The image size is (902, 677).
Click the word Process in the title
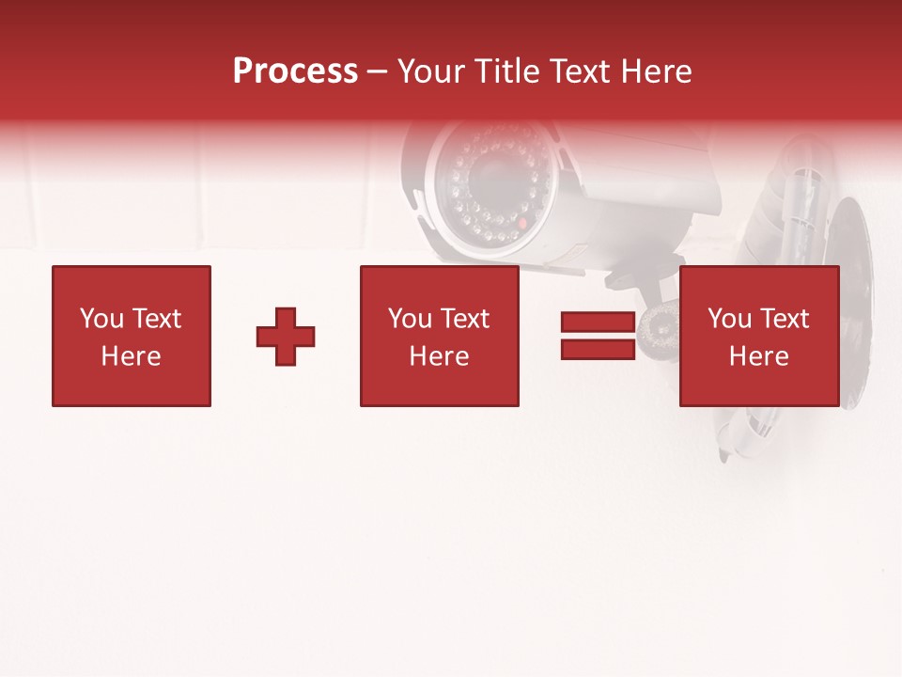click(x=295, y=71)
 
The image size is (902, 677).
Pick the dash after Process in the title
click(x=377, y=72)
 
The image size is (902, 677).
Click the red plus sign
click(x=286, y=337)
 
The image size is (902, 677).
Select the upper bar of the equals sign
click(x=598, y=322)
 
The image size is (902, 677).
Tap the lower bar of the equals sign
click(x=598, y=349)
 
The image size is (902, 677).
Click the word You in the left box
click(x=101, y=319)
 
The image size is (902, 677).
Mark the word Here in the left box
click(x=131, y=356)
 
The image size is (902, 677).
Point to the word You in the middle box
click(x=410, y=319)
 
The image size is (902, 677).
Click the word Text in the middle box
click(x=464, y=319)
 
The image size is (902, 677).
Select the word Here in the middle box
click(x=439, y=356)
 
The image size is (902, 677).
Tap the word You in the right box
click(x=729, y=319)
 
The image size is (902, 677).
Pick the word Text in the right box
click(x=784, y=319)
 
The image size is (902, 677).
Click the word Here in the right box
click(x=758, y=356)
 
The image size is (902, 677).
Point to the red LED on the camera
click(x=523, y=224)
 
